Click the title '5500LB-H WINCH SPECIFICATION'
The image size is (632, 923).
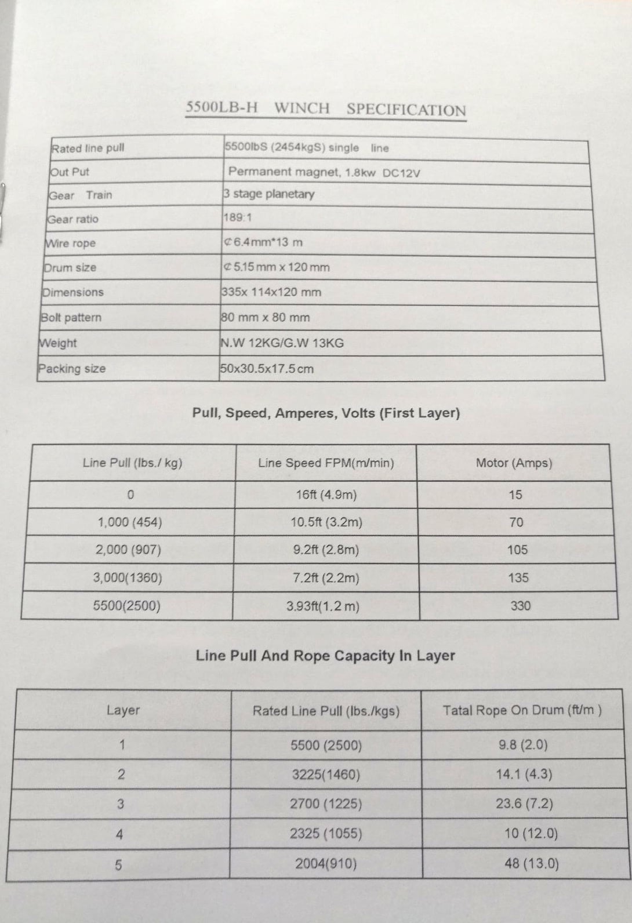click(326, 109)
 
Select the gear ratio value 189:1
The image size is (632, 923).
click(238, 218)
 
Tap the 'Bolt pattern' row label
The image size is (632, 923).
click(71, 318)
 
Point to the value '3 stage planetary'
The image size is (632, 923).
click(268, 194)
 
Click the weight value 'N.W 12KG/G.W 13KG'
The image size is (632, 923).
click(282, 343)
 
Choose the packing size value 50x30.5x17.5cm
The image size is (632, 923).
click(267, 369)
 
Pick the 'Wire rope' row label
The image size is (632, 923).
click(70, 244)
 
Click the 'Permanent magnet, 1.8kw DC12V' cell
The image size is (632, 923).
click(324, 172)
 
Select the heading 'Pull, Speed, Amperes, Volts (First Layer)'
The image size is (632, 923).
click(326, 413)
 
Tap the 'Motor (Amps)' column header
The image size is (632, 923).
click(514, 463)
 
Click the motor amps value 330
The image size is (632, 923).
click(520, 606)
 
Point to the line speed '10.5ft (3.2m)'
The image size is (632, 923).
click(326, 522)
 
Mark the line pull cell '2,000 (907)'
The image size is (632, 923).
click(129, 550)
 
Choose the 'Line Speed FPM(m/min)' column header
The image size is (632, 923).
click(326, 463)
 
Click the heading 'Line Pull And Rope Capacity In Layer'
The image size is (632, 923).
click(325, 656)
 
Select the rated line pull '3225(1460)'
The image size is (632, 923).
click(326, 775)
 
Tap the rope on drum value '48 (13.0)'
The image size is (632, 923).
click(532, 864)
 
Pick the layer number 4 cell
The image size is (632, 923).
click(119, 835)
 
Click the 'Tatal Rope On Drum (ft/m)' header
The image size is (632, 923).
click(522, 710)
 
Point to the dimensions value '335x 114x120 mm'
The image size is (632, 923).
click(271, 292)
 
